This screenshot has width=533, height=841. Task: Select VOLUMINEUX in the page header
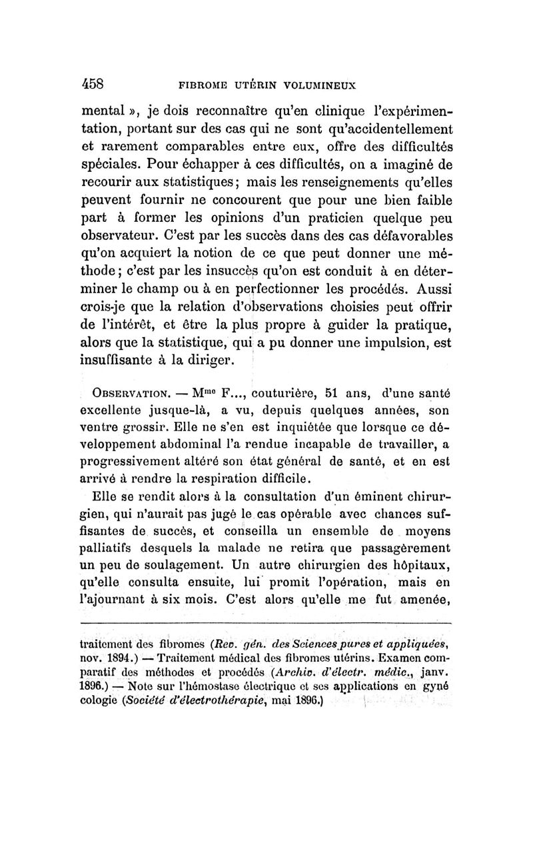coord(320,85)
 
